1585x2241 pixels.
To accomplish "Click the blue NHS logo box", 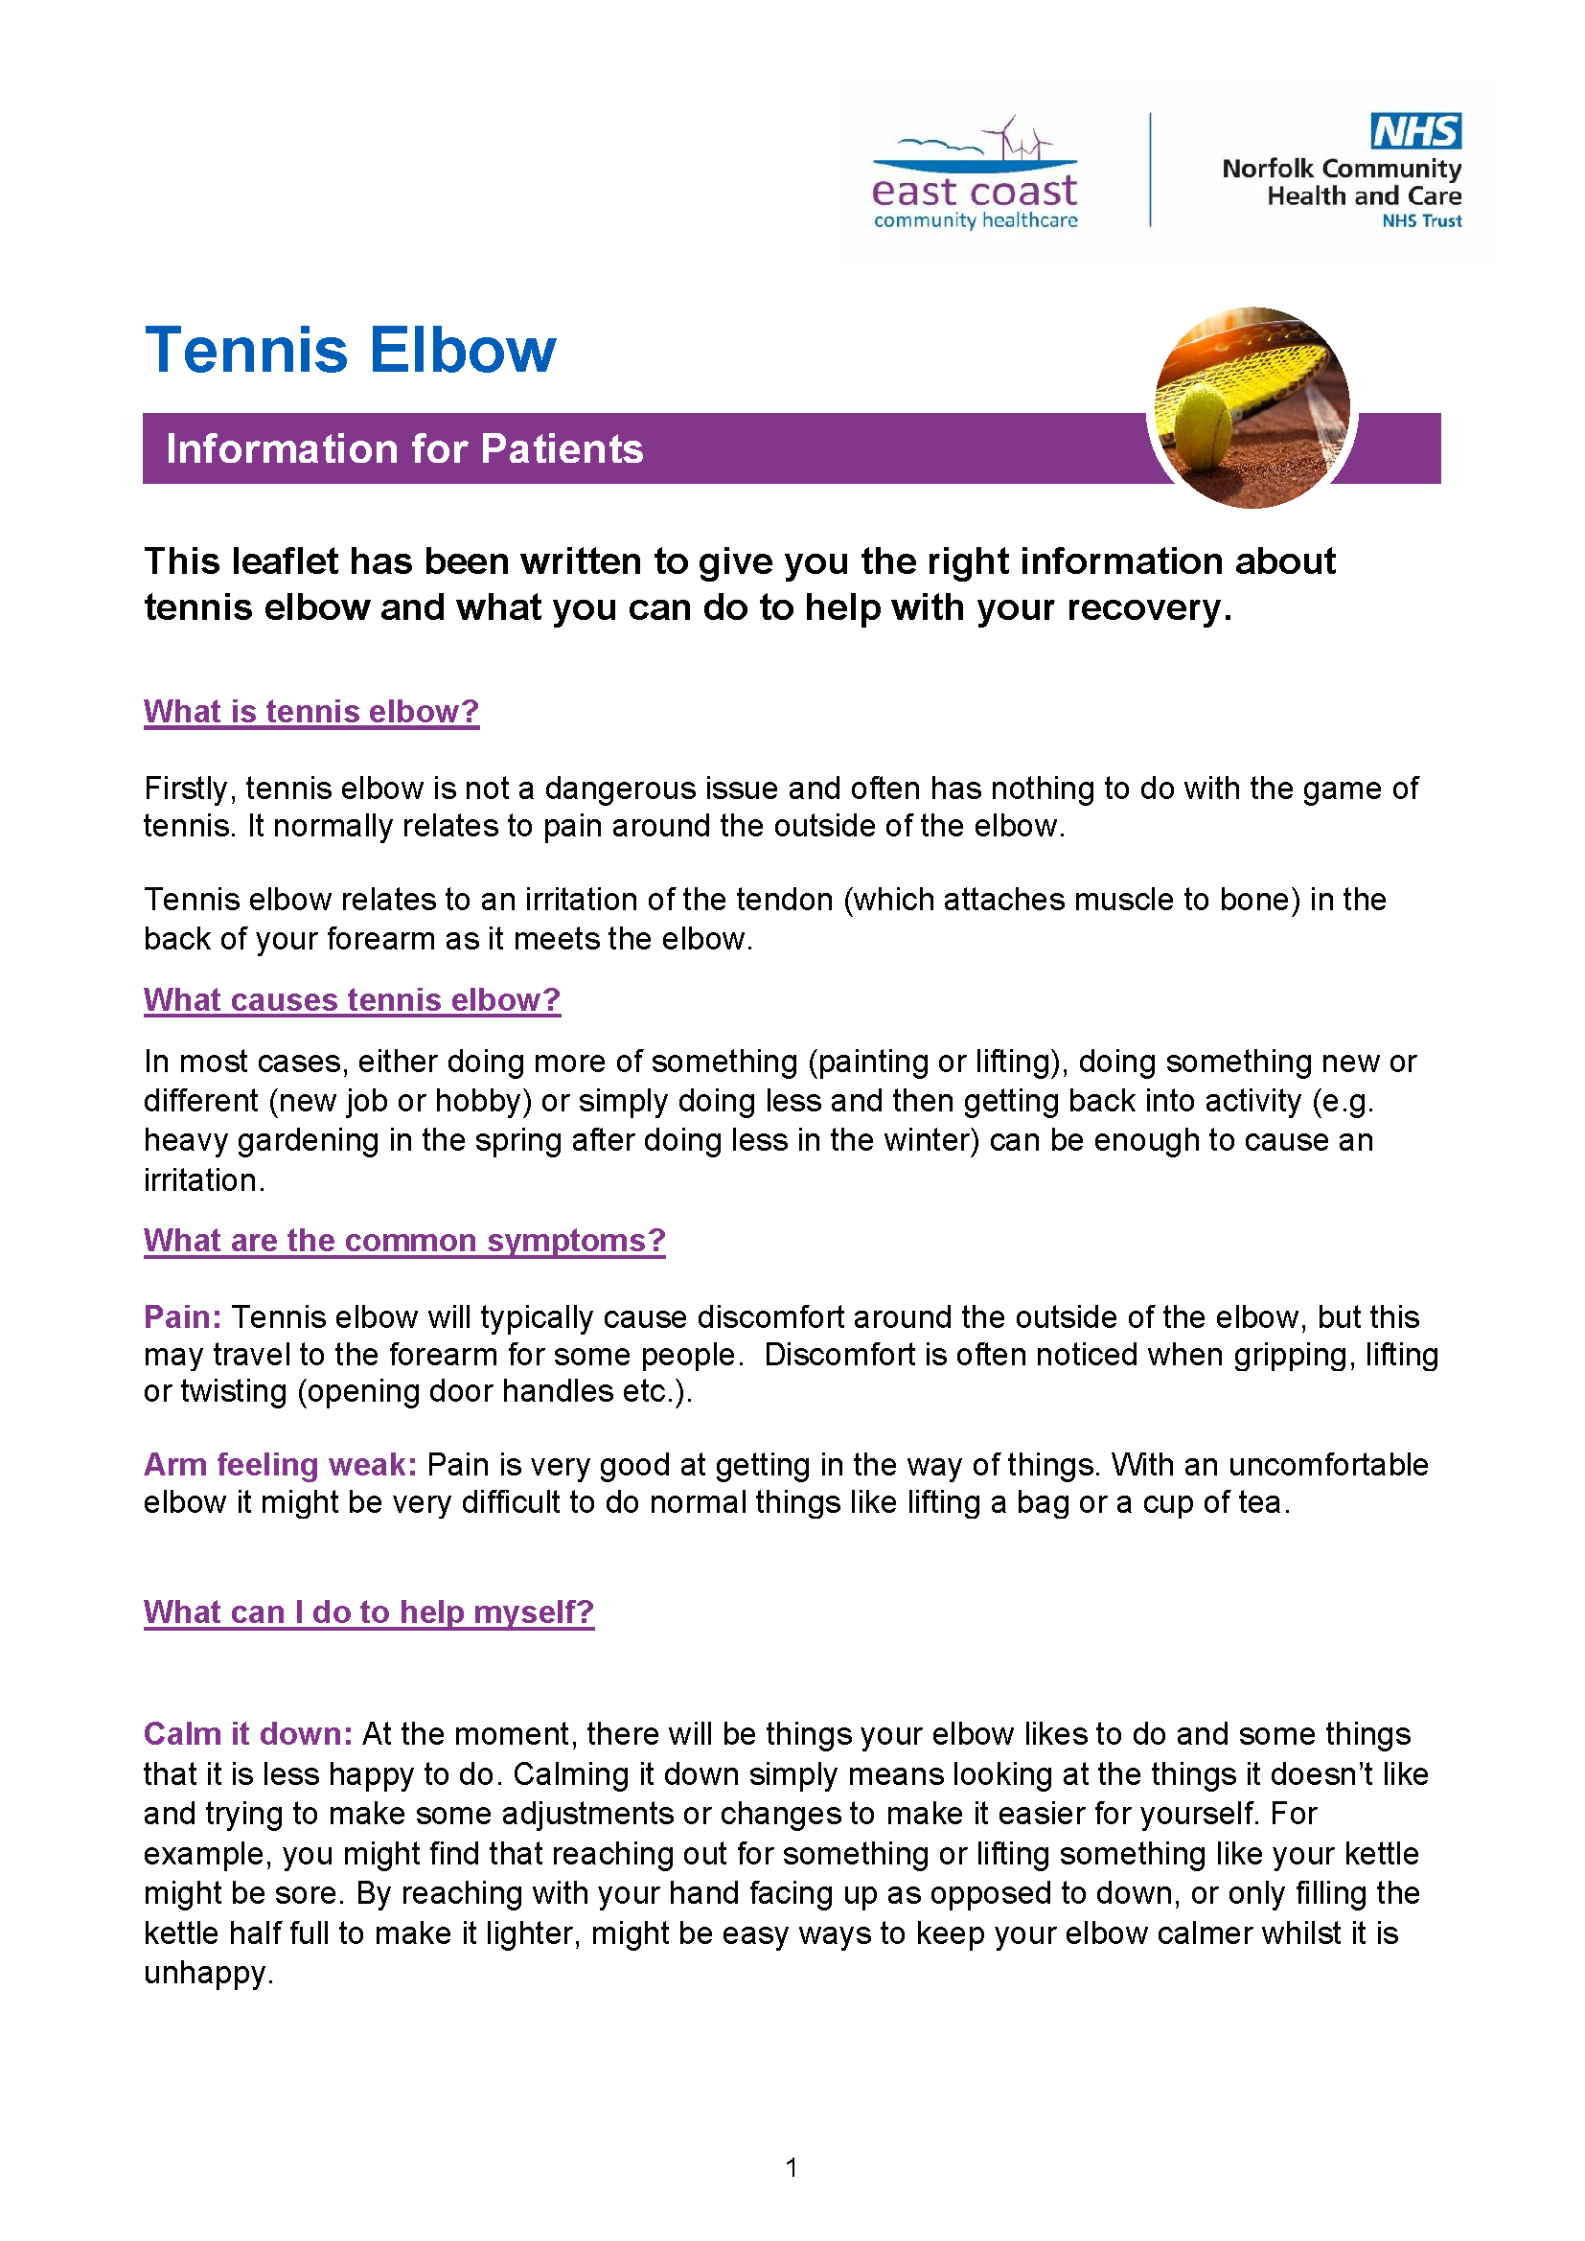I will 1415,131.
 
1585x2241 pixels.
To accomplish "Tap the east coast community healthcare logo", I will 975,176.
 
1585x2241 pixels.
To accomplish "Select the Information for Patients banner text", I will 404,449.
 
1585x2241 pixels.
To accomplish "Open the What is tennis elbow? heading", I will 311,712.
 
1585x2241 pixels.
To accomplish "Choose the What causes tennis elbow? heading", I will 352,999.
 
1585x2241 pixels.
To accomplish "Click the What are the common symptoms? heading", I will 404,1240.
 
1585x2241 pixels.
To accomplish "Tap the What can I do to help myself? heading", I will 368,1612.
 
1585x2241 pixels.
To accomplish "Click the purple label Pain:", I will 182,1316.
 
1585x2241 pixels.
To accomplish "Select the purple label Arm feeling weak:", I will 280,1464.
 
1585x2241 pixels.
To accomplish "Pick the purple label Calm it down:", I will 248,1733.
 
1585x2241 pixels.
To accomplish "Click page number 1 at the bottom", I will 792,2168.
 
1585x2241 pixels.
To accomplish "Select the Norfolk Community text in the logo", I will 1341,169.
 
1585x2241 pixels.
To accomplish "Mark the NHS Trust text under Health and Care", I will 1421,221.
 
